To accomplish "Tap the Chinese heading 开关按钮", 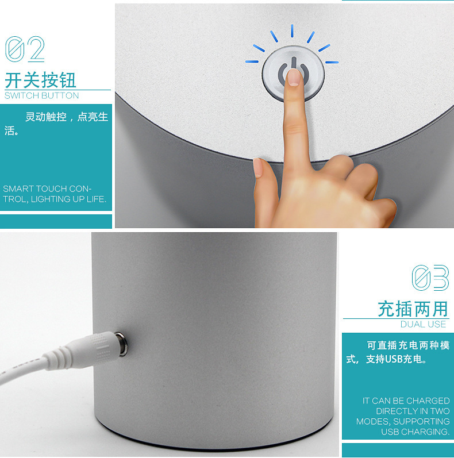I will [40, 80].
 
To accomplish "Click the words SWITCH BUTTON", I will [41, 95].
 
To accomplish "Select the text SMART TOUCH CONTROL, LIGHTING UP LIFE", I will [54, 194].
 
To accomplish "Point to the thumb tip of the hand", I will [258, 168].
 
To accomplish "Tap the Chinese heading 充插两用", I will [413, 309].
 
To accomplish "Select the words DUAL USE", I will [424, 324].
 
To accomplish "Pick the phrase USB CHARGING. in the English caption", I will [415, 432].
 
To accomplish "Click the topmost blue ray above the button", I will [292, 31].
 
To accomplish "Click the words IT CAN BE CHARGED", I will [406, 401].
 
